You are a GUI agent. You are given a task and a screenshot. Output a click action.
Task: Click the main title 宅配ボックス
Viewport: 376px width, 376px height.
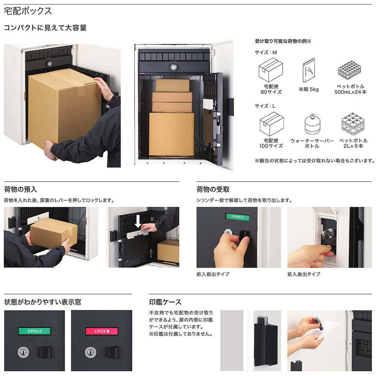coord(28,11)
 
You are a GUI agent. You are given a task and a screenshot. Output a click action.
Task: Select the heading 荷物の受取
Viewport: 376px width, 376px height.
coord(213,189)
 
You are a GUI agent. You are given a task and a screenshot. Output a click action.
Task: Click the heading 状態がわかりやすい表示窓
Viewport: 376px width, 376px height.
coord(42,302)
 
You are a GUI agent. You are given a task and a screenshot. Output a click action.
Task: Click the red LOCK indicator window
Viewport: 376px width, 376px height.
coord(102,331)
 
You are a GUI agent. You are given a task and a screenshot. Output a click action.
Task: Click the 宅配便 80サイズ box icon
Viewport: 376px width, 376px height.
coord(270,70)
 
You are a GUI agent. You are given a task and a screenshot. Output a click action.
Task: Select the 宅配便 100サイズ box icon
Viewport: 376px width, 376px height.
coord(271,124)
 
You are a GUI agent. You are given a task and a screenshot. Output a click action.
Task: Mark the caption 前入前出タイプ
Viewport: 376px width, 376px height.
coord(213,274)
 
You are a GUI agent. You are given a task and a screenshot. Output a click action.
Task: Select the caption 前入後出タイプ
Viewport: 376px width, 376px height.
coord(304,274)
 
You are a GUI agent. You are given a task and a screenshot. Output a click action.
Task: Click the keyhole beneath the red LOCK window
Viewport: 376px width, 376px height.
coord(90,352)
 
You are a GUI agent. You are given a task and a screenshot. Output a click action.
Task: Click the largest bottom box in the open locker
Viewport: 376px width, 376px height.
coord(171,134)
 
